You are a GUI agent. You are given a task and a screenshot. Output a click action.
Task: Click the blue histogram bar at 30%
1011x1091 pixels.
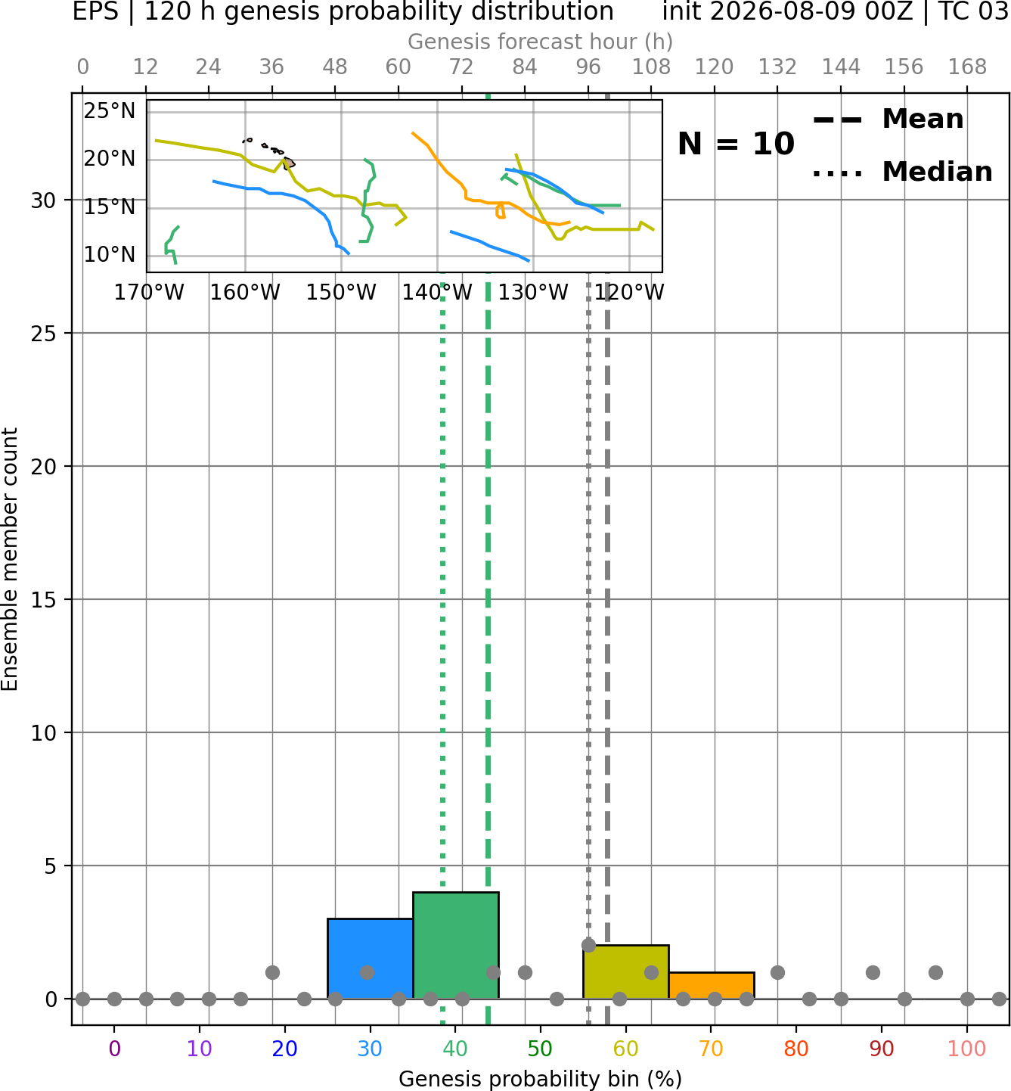pos(370,959)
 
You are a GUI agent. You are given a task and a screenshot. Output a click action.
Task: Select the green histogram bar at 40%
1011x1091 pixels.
pos(456,946)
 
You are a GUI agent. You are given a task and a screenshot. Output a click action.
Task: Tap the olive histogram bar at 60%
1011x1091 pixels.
pos(626,971)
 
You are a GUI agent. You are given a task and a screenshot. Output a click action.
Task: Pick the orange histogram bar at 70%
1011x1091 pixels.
pos(711,986)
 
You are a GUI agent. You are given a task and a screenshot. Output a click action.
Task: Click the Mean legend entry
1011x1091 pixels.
pos(888,120)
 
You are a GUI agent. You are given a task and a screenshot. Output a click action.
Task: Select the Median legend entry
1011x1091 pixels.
pos(903,172)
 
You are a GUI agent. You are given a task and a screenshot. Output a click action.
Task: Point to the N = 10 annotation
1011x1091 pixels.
pos(736,144)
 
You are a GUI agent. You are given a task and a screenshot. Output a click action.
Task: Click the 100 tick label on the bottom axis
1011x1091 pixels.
pos(967,1049)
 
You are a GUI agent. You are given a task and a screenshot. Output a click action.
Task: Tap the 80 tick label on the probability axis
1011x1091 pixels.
pos(796,1049)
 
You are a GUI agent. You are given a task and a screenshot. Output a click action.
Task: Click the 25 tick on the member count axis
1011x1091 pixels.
pos(44,334)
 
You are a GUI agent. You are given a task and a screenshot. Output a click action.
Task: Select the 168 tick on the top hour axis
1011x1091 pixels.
pos(967,67)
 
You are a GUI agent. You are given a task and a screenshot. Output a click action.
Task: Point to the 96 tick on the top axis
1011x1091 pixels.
pos(588,67)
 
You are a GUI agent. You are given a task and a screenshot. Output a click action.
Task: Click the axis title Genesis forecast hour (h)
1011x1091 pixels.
pos(541,42)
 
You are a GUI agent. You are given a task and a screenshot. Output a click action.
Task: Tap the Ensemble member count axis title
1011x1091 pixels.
pos(10,559)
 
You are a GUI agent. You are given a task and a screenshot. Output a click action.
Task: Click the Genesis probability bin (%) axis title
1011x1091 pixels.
pos(541,1079)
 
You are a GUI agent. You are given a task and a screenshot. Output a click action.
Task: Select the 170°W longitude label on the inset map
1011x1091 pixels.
pos(149,292)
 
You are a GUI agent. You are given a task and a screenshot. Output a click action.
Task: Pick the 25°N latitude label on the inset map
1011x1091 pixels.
pos(110,111)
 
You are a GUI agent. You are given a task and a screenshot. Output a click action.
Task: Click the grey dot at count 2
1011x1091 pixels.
pos(589,946)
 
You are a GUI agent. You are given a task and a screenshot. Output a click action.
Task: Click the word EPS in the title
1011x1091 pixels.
pos(95,11)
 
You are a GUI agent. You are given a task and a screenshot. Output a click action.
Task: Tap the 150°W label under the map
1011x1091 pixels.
pos(341,292)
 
